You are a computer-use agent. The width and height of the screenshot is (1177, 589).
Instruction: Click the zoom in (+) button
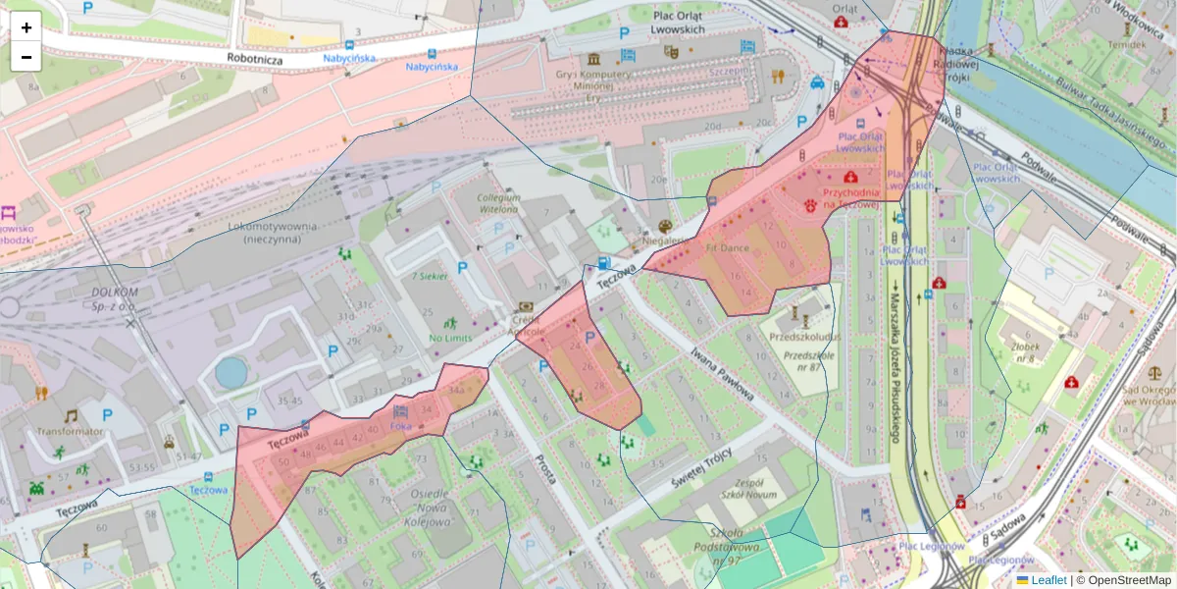pyautogui.click(x=26, y=27)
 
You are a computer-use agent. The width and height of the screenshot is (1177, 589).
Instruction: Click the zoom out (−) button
pyautogui.click(x=26, y=57)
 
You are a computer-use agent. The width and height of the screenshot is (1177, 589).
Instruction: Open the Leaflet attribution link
pyautogui.click(x=1049, y=580)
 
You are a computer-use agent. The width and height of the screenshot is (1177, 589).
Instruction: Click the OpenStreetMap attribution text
pyautogui.click(x=1124, y=580)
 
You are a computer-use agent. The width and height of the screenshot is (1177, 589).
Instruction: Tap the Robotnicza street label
pyautogui.click(x=254, y=60)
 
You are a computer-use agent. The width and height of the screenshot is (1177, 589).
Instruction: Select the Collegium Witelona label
pyautogui.click(x=498, y=203)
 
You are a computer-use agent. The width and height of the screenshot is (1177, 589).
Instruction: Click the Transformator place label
pyautogui.click(x=70, y=431)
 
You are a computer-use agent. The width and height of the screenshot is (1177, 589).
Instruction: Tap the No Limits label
pyautogui.click(x=450, y=339)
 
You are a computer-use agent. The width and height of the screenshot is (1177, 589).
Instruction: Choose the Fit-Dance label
pyautogui.click(x=727, y=249)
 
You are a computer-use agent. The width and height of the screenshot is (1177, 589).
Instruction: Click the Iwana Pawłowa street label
pyautogui.click(x=721, y=375)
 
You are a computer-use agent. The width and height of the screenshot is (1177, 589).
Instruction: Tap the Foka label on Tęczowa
pyautogui.click(x=401, y=427)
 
